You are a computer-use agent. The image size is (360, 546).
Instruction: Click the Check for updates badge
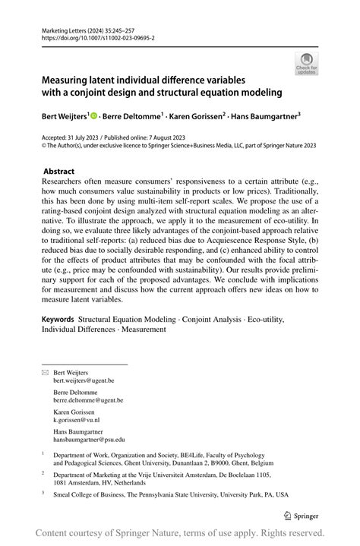[x=308, y=63]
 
